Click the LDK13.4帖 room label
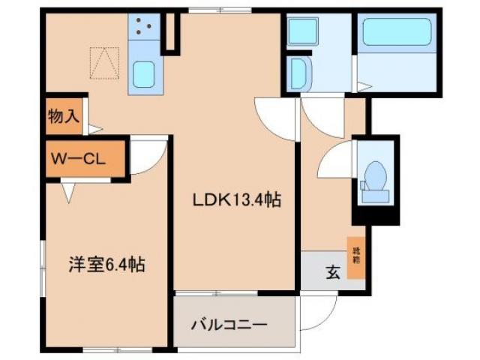click(x=237, y=200)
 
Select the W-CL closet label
click(x=77, y=158)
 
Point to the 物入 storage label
click(x=63, y=117)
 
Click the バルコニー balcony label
click(x=229, y=326)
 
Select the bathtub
click(x=396, y=33)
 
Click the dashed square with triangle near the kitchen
click(x=105, y=62)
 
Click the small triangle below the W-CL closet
click(x=68, y=195)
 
